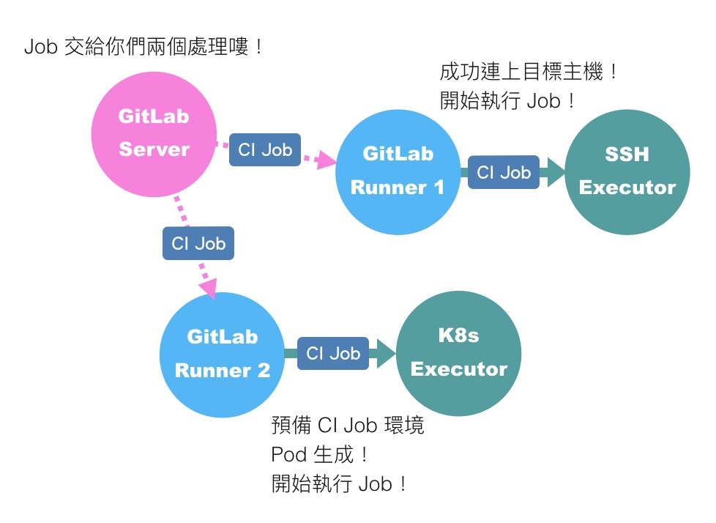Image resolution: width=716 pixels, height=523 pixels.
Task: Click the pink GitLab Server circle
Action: pyautogui.click(x=154, y=134)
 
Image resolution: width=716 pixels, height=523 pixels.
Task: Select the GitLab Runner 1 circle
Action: pyautogui.click(x=398, y=171)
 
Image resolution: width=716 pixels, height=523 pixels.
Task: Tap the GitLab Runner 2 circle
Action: pyautogui.click(x=223, y=355)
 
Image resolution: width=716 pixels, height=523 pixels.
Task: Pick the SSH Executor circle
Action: pyautogui.click(x=627, y=171)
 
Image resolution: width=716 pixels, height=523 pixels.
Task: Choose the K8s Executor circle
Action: pyautogui.click(x=459, y=353)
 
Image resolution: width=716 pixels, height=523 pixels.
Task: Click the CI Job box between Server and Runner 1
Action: pyautogui.click(x=265, y=150)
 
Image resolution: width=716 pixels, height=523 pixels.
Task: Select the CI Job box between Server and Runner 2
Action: pyautogui.click(x=198, y=243)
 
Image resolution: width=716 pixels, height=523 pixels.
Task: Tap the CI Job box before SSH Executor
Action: pyautogui.click(x=504, y=173)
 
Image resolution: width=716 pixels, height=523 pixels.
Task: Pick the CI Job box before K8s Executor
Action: pyautogui.click(x=333, y=354)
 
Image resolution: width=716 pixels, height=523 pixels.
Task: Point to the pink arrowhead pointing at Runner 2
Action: pyautogui.click(x=209, y=288)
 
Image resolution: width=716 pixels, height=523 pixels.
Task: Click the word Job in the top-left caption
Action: pyautogui.click(x=41, y=48)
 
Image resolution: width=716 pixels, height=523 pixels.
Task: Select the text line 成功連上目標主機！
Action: pyautogui.click(x=529, y=73)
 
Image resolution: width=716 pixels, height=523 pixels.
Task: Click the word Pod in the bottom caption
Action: pyautogui.click(x=288, y=455)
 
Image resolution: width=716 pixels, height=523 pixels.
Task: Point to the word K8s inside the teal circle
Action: pyautogui.click(x=458, y=335)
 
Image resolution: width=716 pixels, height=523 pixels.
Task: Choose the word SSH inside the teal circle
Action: pyautogui.click(x=627, y=155)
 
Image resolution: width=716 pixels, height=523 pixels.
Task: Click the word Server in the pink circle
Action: pyautogui.click(x=154, y=149)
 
